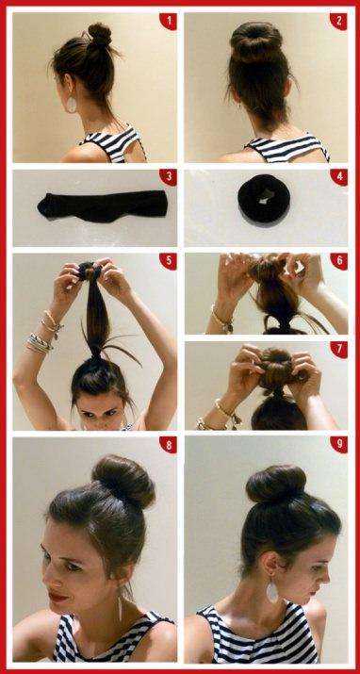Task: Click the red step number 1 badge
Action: [x=169, y=21]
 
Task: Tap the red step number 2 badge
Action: [x=339, y=21]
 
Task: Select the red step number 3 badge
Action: [x=169, y=177]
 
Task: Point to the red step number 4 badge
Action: [x=339, y=177]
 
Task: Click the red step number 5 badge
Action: [x=169, y=261]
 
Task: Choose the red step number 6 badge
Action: [x=339, y=261]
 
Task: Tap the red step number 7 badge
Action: [x=339, y=350]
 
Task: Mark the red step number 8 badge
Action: [x=169, y=445]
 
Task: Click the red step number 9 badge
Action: [x=339, y=445]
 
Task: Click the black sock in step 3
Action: [x=102, y=205]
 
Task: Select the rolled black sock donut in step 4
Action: [x=264, y=200]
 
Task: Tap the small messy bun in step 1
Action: [x=100, y=34]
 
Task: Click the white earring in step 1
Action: [x=71, y=105]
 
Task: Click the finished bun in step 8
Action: [x=123, y=481]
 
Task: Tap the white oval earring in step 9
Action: [x=272, y=591]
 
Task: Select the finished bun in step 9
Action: [x=276, y=485]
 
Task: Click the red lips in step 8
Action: [x=58, y=596]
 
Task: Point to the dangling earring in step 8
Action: [x=120, y=606]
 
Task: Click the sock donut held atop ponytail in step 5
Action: [x=90, y=270]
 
